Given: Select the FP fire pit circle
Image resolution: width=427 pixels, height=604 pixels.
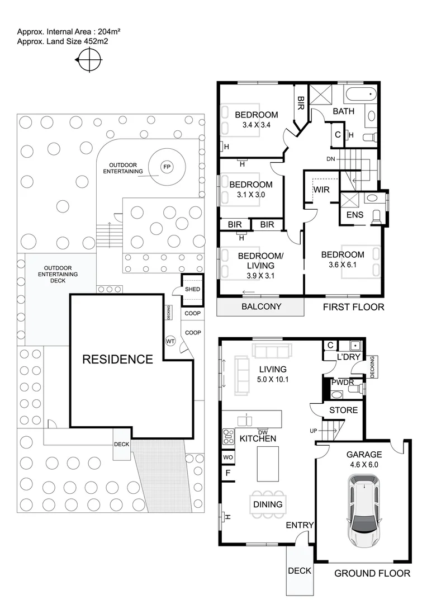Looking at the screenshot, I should (166, 167).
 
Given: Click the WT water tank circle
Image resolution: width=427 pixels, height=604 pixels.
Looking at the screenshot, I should (170, 341).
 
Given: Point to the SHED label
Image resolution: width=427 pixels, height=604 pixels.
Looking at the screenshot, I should (193, 289).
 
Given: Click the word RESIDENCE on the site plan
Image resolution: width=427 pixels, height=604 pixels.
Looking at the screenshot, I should (117, 359).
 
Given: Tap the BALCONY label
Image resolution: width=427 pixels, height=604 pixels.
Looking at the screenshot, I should (261, 306).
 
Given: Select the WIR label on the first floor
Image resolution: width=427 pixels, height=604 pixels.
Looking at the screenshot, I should (321, 190).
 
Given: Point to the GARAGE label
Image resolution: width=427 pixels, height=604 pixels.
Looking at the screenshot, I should (363, 455).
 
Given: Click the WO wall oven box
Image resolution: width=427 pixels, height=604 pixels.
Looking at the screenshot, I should (229, 457).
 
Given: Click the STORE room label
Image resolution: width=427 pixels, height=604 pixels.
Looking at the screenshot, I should (343, 410).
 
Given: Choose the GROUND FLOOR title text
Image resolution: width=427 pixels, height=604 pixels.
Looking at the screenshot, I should (372, 573).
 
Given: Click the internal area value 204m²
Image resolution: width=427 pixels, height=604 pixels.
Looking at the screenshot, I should (109, 31).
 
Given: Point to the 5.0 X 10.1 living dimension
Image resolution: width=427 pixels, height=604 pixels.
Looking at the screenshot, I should (272, 380).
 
